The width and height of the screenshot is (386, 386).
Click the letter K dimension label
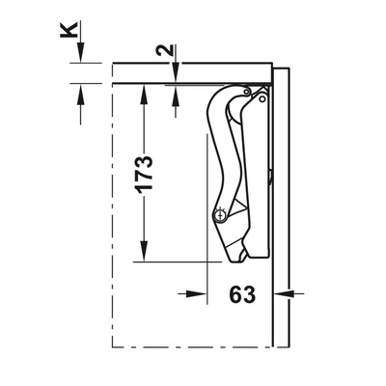click(x=69, y=30)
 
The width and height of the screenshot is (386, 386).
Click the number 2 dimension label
click(x=164, y=51)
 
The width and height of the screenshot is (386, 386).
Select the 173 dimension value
click(x=144, y=175)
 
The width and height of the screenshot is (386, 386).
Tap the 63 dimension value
click(x=242, y=294)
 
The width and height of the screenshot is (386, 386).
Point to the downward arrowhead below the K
click(x=80, y=51)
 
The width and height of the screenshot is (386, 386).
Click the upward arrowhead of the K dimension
click(x=80, y=95)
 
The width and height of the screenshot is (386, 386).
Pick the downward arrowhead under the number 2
click(x=176, y=72)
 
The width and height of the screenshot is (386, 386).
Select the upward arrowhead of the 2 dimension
click(x=176, y=96)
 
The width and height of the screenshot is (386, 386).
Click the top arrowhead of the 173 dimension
click(x=144, y=96)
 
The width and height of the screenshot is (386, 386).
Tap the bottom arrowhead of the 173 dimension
click(x=144, y=251)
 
